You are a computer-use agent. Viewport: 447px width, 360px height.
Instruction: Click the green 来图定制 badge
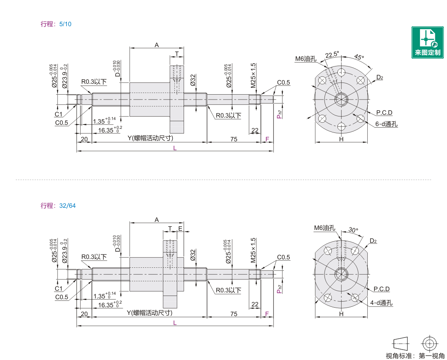[x=427, y=42]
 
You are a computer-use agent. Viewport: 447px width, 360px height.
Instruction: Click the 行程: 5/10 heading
[x=56, y=24]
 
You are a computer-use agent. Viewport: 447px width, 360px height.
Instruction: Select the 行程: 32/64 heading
[x=58, y=206]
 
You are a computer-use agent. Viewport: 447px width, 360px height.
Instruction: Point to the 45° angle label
[x=359, y=57]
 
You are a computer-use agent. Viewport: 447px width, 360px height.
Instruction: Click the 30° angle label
[x=353, y=230]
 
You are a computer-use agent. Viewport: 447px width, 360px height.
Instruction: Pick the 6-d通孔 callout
[x=386, y=124]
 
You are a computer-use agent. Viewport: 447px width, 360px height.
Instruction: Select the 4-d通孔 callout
[x=381, y=303]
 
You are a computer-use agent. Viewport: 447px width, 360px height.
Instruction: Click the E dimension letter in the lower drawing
[x=180, y=228]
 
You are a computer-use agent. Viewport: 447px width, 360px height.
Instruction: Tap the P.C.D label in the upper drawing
[x=384, y=112]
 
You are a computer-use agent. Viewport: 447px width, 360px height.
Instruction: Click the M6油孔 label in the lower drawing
[x=325, y=228]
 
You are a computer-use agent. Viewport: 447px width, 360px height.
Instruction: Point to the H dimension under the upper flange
[x=341, y=139]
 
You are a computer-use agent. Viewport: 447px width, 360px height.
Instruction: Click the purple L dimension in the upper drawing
[x=175, y=148]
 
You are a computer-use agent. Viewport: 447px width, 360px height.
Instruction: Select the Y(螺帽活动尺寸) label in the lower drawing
[x=150, y=313]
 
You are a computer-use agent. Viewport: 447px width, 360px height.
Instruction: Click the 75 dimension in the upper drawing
[x=234, y=139]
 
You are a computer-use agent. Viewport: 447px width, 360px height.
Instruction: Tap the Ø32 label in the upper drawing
[x=193, y=80]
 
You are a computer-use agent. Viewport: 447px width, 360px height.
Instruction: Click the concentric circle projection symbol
[x=430, y=343]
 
